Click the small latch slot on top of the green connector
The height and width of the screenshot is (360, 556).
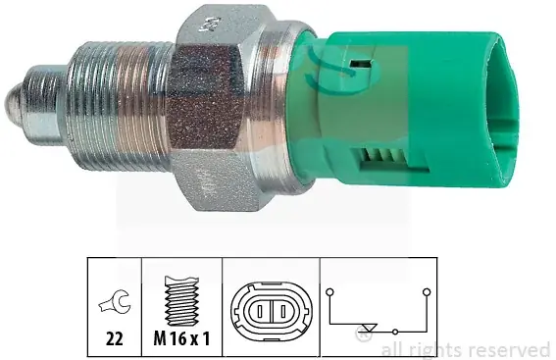pyautogui.click(x=359, y=64)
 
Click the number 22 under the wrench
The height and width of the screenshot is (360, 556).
pyautogui.click(x=114, y=338)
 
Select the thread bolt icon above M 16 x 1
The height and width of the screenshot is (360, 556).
pyautogui.click(x=181, y=301)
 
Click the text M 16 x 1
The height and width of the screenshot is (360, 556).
pyautogui.click(x=181, y=338)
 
